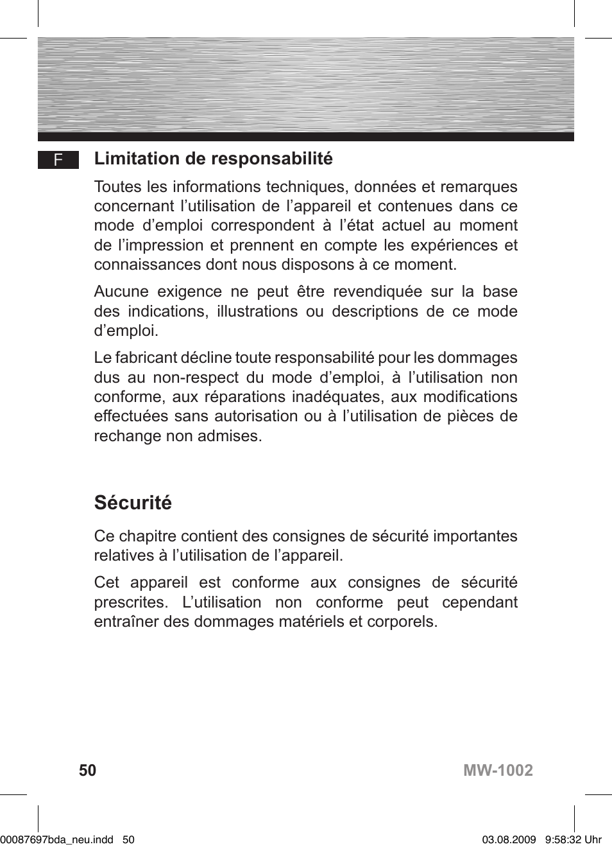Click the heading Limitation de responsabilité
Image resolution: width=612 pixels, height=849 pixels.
[213, 159]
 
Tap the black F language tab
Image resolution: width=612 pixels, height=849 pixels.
[58, 160]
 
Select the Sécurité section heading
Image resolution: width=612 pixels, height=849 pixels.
[133, 502]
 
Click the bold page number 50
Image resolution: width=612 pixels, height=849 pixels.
[87, 770]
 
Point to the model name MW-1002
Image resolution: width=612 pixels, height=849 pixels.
[498, 770]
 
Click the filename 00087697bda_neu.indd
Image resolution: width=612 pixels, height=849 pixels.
[57, 839]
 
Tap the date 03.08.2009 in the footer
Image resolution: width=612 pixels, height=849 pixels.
[509, 839]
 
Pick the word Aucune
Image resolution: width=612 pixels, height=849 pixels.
[121, 292]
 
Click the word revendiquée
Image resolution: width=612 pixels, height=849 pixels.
[377, 292]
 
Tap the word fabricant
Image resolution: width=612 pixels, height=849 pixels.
[146, 358]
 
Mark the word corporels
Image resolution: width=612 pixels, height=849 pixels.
[402, 622]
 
